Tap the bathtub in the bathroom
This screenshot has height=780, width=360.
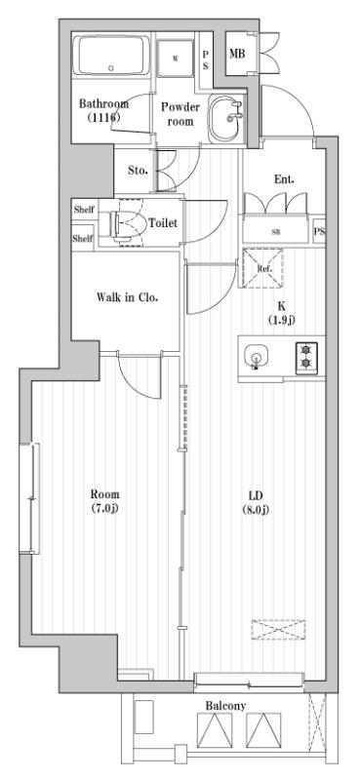coord(111,59)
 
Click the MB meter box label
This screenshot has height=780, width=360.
coord(236,53)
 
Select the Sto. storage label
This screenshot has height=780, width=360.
coord(138,170)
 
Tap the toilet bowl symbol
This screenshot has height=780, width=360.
coord(125,223)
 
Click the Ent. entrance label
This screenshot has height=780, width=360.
coord(284,178)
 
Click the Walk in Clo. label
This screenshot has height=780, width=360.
coord(127,297)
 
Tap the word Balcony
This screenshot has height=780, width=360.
coord(224,705)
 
